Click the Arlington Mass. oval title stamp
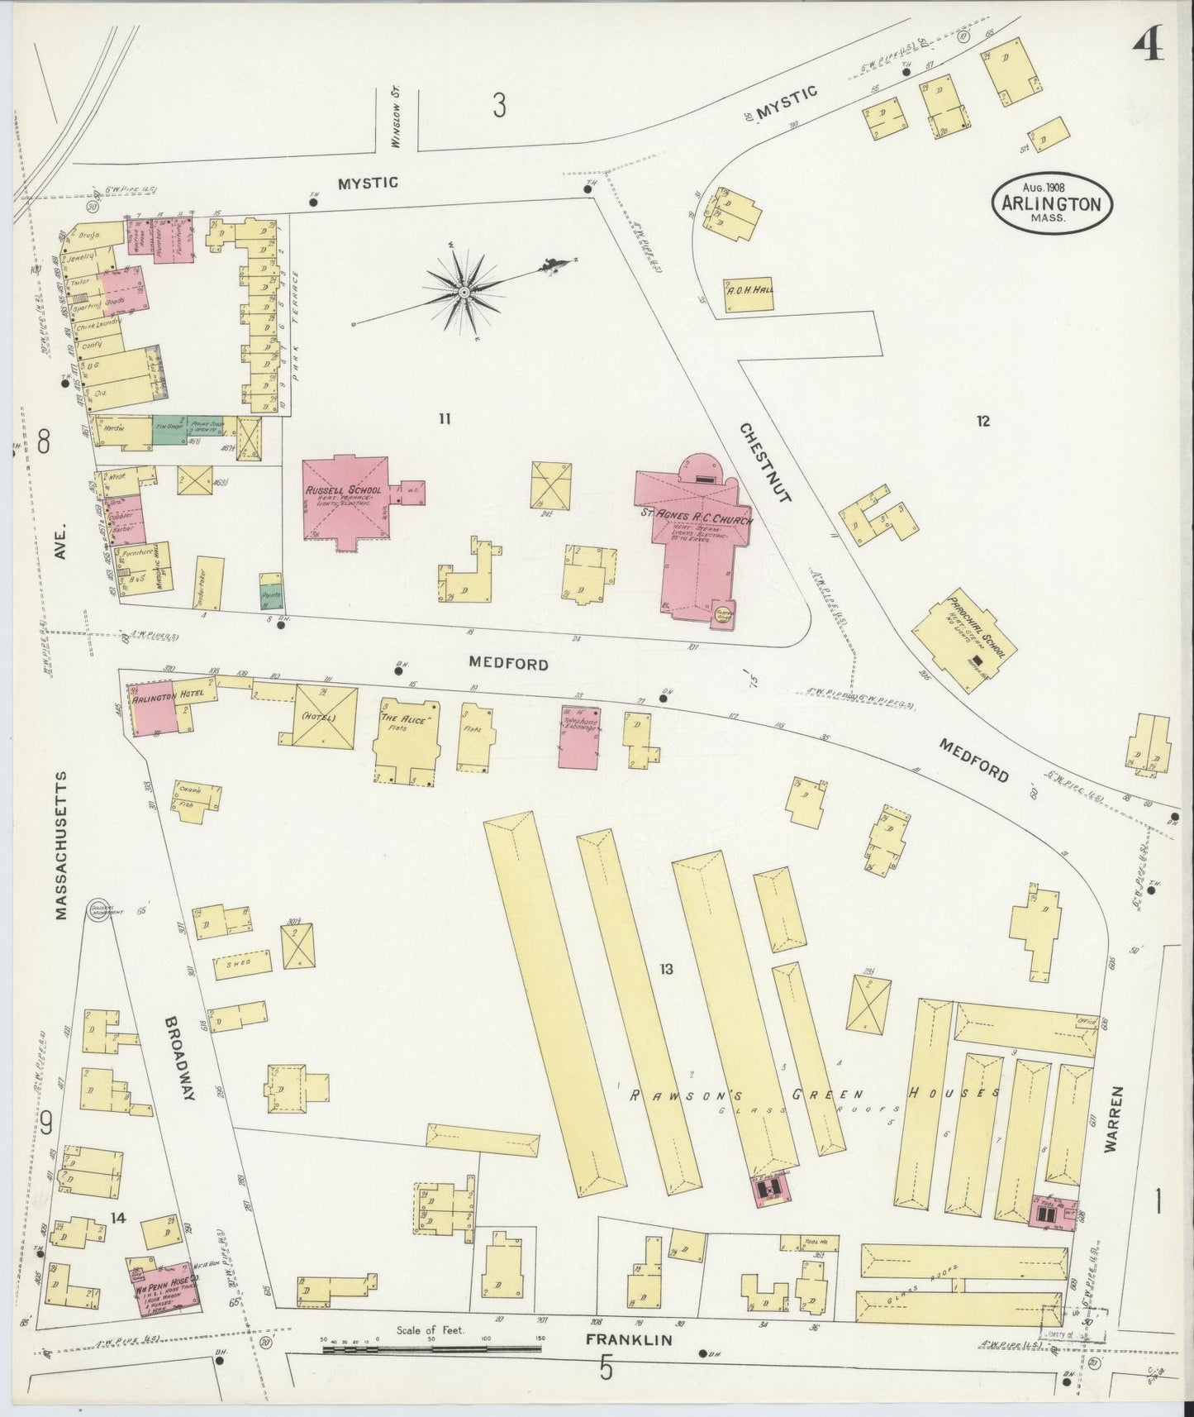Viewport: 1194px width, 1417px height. (x=1052, y=203)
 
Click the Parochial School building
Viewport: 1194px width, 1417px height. (x=964, y=642)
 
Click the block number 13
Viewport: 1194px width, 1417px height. (x=666, y=968)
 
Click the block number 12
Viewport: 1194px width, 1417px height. (x=982, y=422)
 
